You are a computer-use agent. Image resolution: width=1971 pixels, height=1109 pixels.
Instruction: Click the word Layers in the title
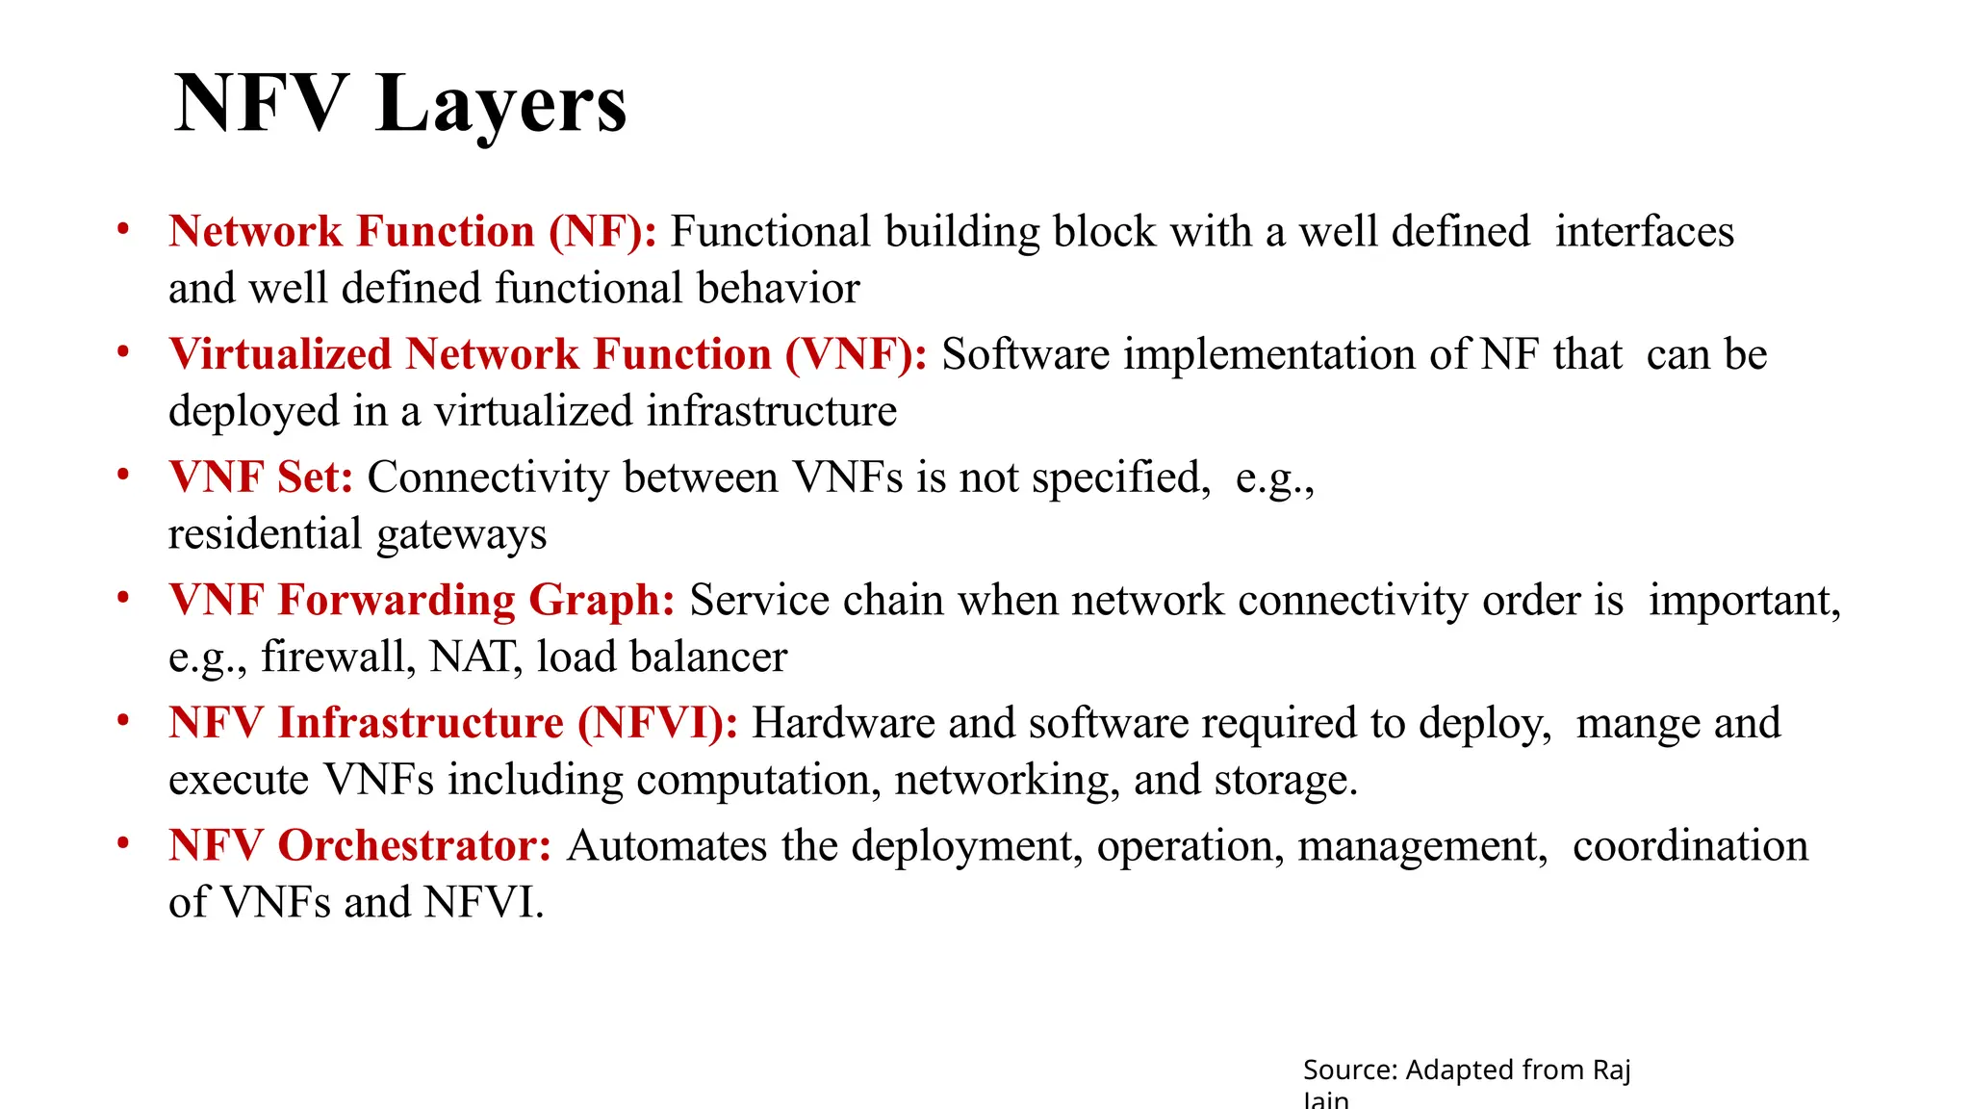tap(501, 104)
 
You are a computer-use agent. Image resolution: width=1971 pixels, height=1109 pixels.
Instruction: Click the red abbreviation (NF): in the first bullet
tap(602, 232)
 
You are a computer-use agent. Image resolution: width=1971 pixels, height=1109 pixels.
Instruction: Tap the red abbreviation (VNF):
tap(857, 355)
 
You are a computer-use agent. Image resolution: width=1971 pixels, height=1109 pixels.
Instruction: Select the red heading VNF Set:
tap(261, 477)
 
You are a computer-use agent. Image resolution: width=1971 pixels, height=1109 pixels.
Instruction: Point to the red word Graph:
tap(602, 601)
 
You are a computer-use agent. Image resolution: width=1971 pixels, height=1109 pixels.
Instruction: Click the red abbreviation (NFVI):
tap(657, 724)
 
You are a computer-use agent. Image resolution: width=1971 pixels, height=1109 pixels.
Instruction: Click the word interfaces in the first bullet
tap(1644, 232)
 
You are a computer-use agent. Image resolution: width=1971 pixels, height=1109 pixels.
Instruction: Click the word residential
tap(265, 534)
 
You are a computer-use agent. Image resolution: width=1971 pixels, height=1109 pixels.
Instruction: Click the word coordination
tap(1690, 846)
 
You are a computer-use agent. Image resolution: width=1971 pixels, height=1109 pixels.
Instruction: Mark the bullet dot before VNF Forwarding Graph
tap(123, 599)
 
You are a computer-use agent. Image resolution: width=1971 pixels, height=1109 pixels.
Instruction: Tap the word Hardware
tap(842, 724)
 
